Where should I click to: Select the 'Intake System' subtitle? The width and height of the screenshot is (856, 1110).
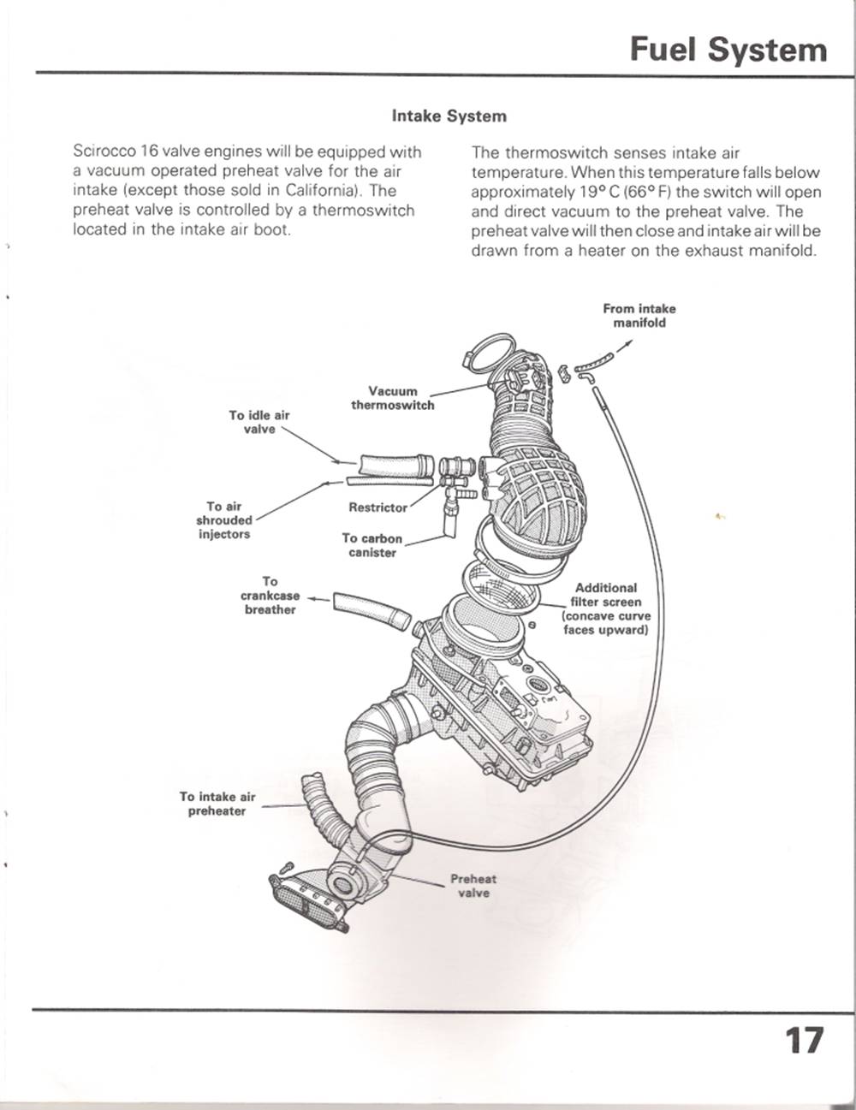[449, 116]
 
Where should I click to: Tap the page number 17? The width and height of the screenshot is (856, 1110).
[805, 1041]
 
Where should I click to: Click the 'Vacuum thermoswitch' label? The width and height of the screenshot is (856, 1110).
[393, 398]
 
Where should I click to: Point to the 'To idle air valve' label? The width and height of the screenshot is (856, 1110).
[259, 422]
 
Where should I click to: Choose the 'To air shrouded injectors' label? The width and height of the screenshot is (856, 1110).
[223, 520]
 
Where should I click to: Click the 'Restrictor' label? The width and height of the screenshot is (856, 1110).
[377, 508]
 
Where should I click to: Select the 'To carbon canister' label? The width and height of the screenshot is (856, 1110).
[372, 545]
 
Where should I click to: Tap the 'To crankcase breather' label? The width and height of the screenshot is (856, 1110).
[270, 596]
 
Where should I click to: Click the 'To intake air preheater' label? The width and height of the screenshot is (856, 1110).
[217, 804]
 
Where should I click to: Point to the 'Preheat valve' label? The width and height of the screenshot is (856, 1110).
[473, 886]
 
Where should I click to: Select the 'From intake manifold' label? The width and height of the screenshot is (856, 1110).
[639, 316]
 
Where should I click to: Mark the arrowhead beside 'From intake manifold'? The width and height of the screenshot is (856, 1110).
[630, 344]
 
